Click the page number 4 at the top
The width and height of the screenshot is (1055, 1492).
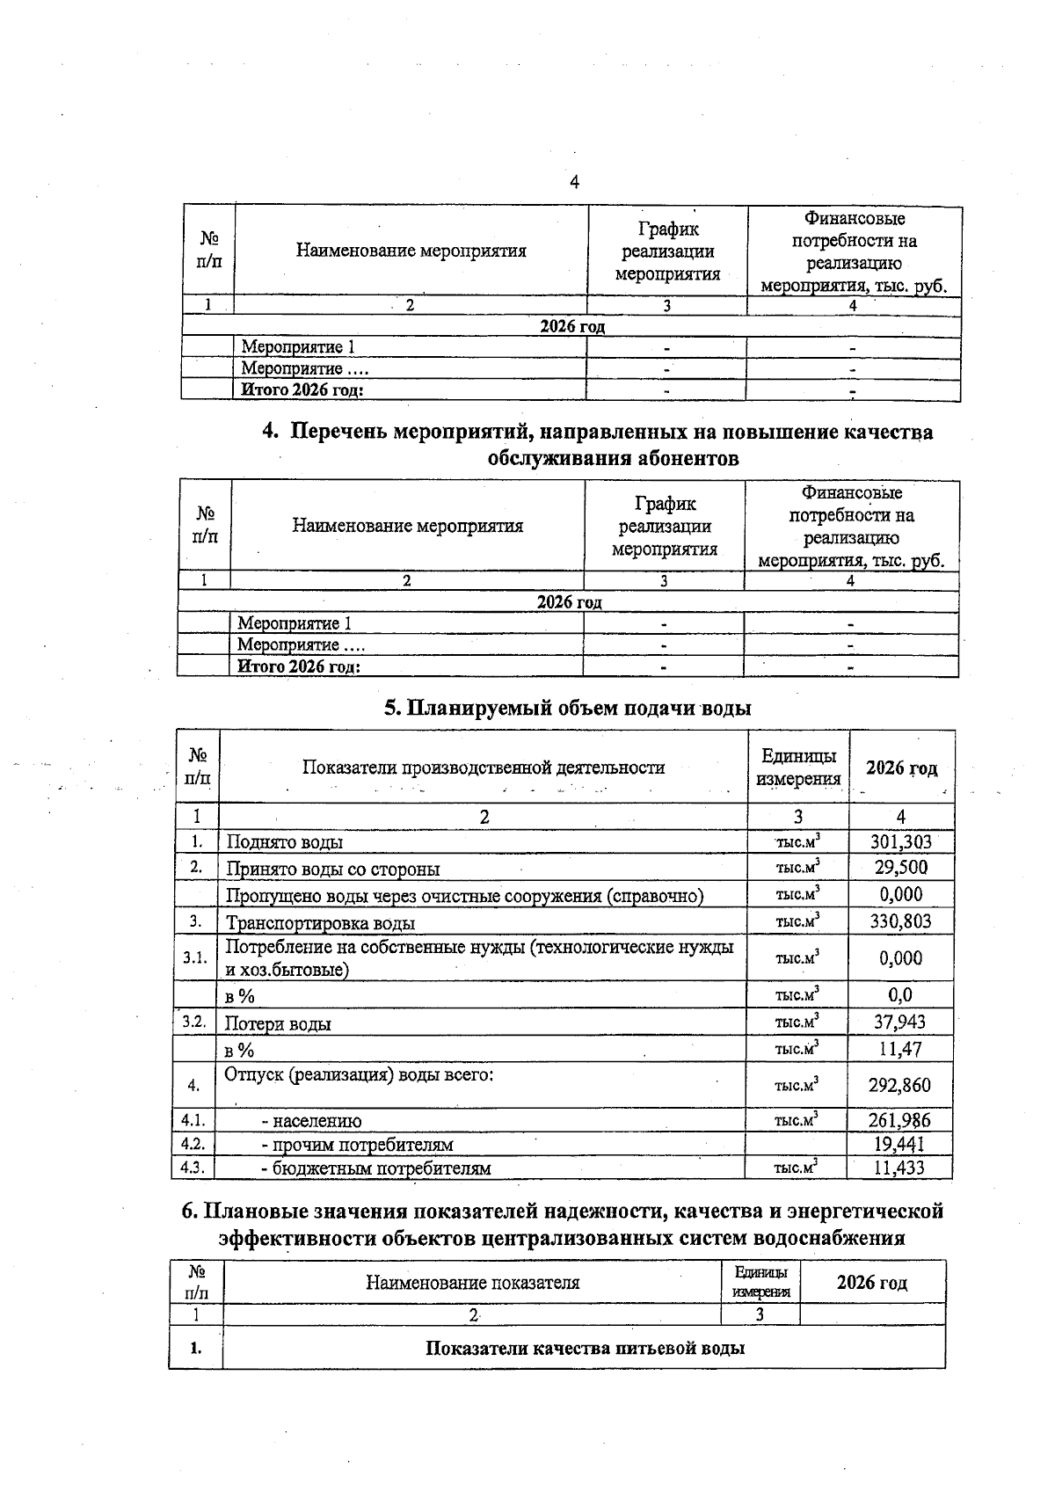coord(574,182)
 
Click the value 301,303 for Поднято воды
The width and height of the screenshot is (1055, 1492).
coord(900,841)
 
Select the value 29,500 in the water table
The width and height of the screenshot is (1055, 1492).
coord(900,868)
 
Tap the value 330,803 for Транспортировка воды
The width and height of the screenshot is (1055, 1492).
coord(900,921)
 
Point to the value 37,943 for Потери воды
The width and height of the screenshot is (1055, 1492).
coord(900,1022)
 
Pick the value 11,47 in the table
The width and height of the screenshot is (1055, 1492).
coord(900,1049)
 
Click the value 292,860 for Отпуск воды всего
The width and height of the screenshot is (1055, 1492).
coord(899,1085)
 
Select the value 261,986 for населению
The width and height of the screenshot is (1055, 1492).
coord(899,1120)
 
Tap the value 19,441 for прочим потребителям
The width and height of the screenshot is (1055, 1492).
coord(899,1144)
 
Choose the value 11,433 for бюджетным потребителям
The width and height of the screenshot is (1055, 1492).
coord(899,1168)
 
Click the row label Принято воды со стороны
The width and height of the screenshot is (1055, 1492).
coord(333,870)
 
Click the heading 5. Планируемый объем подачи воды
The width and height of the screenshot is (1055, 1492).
coord(567,708)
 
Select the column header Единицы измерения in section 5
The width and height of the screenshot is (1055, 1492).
coord(798,767)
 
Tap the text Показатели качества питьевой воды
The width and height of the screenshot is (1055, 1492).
coord(585,1348)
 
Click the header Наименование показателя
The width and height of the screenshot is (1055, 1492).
coord(472,1282)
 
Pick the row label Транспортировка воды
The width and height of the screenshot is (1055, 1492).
coord(321,923)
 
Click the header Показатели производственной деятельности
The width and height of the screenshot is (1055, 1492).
coord(484,767)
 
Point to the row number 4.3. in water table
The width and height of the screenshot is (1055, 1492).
coord(192,1168)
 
